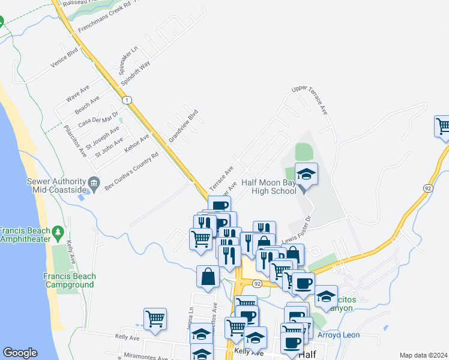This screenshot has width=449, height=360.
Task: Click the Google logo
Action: coord(20,353)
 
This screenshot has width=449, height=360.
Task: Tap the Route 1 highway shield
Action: coord(126,98)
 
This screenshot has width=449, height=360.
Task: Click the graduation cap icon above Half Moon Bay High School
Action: coord(306,175)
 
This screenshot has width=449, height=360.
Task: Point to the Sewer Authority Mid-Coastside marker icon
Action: coord(94,182)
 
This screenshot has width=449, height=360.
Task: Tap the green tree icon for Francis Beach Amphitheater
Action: coord(58,231)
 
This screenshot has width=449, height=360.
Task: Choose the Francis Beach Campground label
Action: coord(70,280)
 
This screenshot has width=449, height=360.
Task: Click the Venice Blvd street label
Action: coord(64,61)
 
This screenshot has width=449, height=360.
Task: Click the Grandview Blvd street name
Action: coord(183,125)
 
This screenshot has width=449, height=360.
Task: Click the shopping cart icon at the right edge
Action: coord(442,126)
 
